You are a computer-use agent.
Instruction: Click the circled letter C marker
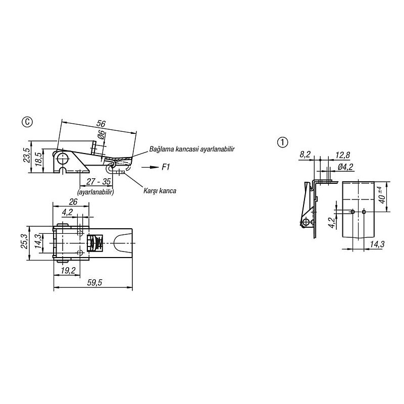pyautogui.click(x=27, y=122)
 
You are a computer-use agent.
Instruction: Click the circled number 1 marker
pyautogui.click(x=282, y=142)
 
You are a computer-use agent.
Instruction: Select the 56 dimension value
pyautogui.click(x=100, y=123)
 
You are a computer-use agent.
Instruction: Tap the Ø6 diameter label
pyautogui.click(x=102, y=134)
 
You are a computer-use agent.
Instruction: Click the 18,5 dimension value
pyautogui.click(x=38, y=159)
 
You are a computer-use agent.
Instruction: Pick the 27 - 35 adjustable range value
pyautogui.click(x=98, y=182)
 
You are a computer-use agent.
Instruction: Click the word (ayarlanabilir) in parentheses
pyautogui.click(x=95, y=192)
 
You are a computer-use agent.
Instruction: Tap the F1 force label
pyautogui.click(x=166, y=167)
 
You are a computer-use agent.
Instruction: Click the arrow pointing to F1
pyautogui.click(x=150, y=168)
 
